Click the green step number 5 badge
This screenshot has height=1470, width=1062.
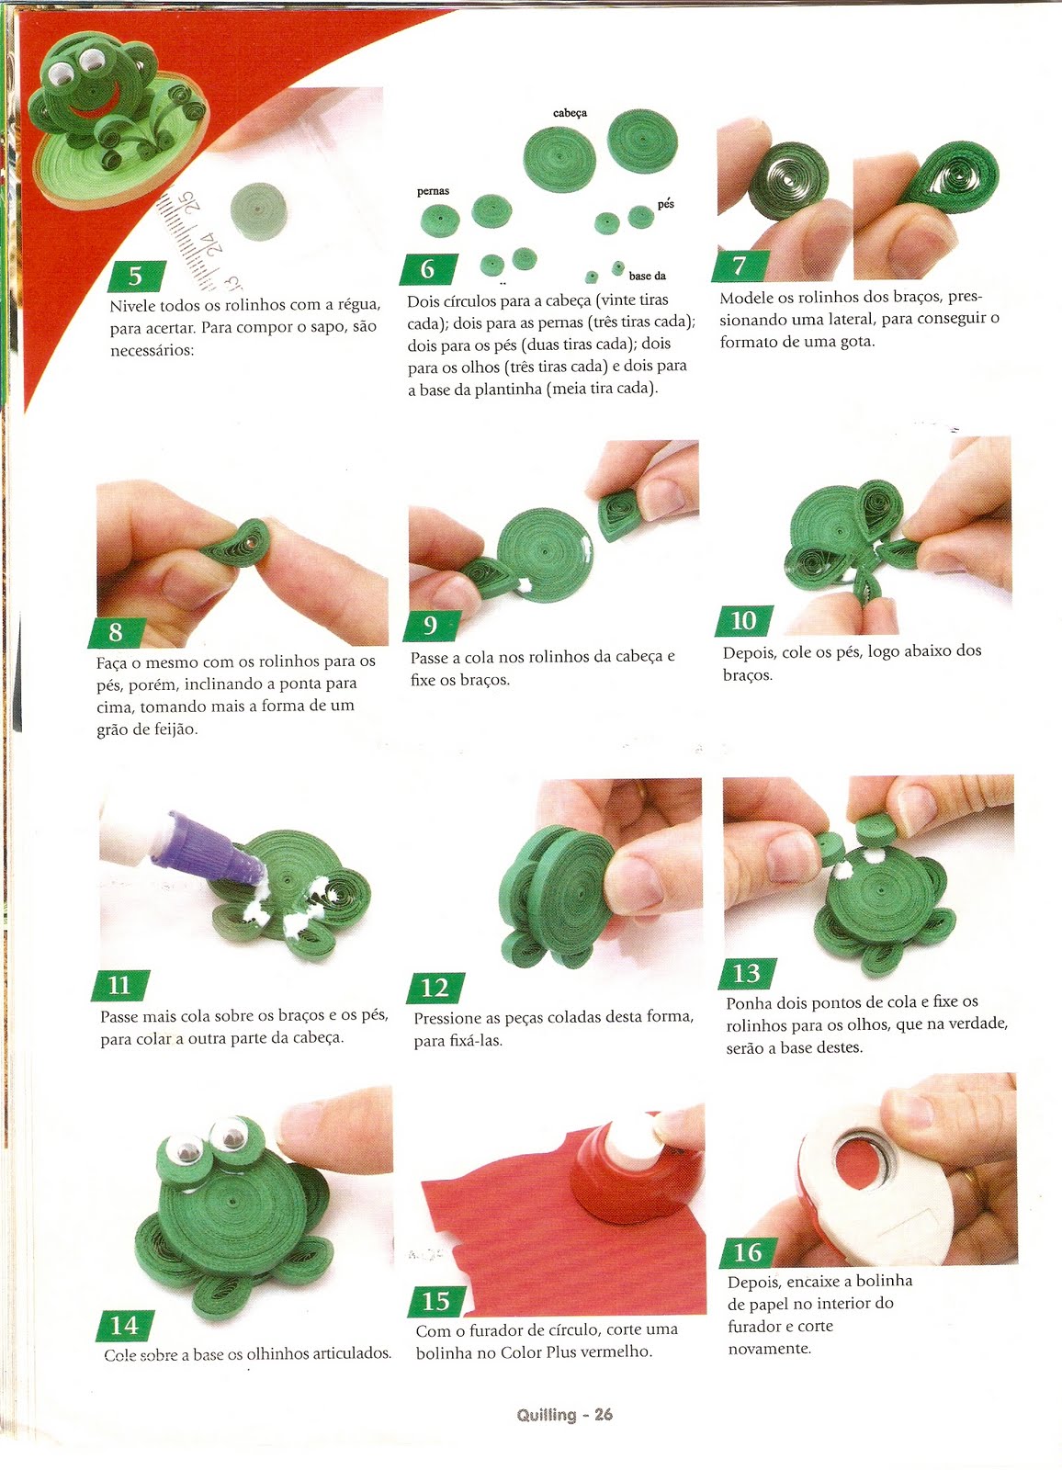135,276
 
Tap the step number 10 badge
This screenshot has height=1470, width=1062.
743,620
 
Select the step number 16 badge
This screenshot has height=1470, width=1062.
748,1252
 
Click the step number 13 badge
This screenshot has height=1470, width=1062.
746,973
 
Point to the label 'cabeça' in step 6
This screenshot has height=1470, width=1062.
570,113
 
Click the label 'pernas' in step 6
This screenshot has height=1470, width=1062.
434,192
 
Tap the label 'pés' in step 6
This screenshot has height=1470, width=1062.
665,204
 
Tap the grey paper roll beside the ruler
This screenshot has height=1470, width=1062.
258,210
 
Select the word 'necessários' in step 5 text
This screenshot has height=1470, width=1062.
152,350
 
